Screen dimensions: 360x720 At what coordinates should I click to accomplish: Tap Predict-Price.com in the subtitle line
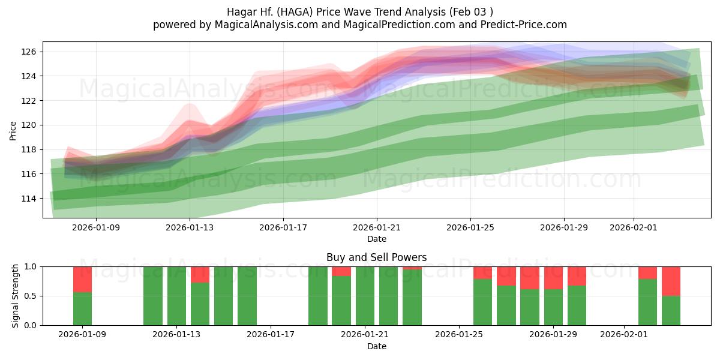524,25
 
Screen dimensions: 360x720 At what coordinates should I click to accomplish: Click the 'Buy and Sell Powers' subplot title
376,257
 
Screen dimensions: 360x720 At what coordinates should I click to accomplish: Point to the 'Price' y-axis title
13,130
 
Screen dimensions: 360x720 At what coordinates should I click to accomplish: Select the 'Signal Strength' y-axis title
16,296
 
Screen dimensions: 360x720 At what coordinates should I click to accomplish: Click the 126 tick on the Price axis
29,52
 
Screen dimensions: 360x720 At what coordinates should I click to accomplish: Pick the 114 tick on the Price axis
29,199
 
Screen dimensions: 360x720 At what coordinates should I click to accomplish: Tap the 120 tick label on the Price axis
29,125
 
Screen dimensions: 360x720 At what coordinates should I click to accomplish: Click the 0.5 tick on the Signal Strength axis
31,296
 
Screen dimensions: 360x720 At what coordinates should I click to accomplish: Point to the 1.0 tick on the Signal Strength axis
31,266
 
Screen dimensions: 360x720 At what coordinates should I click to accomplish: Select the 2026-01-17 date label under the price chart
283,228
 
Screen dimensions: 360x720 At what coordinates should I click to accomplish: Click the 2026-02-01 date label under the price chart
634,228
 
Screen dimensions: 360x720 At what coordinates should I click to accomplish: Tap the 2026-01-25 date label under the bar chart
459,335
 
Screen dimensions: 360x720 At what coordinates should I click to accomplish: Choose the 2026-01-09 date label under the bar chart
83,335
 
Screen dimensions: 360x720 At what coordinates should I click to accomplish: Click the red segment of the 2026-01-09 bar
83,279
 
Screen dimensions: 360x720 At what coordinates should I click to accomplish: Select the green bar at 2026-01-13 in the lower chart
176,296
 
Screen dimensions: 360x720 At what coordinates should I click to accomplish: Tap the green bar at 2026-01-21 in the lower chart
365,296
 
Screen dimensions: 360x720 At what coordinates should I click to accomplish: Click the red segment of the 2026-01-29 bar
553,278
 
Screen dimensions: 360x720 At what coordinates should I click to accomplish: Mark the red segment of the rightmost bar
671,281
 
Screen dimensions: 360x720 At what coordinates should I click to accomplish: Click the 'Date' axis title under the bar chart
376,346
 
